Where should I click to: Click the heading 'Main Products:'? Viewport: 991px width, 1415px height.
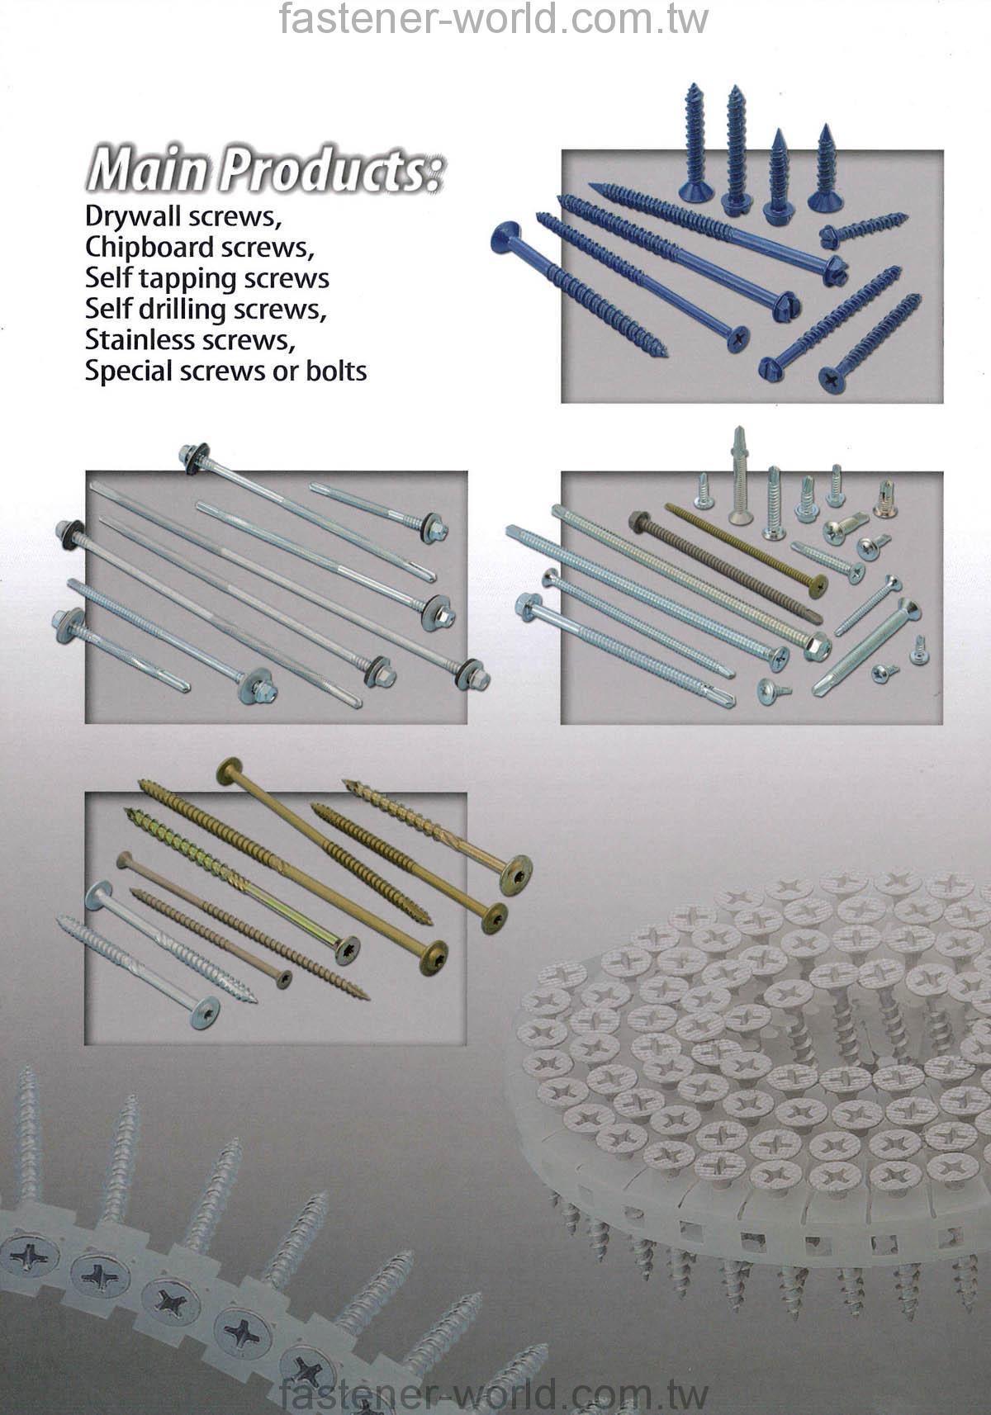pyautogui.click(x=265, y=169)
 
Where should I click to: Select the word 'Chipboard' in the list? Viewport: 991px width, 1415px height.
pyautogui.click(x=149, y=248)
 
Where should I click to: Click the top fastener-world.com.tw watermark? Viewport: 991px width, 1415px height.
pyautogui.click(x=493, y=19)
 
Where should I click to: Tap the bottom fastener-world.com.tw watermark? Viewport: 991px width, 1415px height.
pyautogui.click(x=493, y=1394)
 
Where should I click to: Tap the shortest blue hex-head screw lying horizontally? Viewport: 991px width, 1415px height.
pyautogui.click(x=863, y=230)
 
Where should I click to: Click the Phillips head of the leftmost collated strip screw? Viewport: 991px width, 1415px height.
pyautogui.click(x=28, y=1256)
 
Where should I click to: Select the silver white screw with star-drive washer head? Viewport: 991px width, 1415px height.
pyautogui.click(x=152, y=954)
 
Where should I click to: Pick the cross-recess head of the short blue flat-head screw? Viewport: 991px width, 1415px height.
pyautogui.click(x=831, y=379)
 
